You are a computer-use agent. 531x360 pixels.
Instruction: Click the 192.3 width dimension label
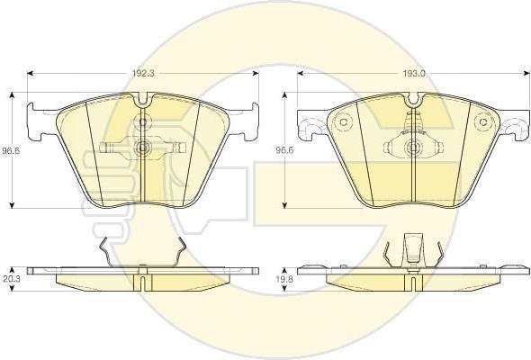[143, 74]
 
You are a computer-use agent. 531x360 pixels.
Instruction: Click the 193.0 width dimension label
[413, 74]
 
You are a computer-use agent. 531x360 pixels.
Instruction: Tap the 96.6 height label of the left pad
[11, 150]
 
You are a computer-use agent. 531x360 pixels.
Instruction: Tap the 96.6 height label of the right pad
[284, 150]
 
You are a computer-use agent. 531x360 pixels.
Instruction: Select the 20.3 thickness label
[11, 279]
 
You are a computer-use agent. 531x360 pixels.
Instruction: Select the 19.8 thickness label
[284, 279]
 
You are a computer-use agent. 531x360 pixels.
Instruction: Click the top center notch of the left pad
[143, 99]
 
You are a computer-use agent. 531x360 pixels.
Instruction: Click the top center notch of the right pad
[413, 99]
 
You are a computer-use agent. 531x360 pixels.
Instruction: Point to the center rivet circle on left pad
[143, 148]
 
